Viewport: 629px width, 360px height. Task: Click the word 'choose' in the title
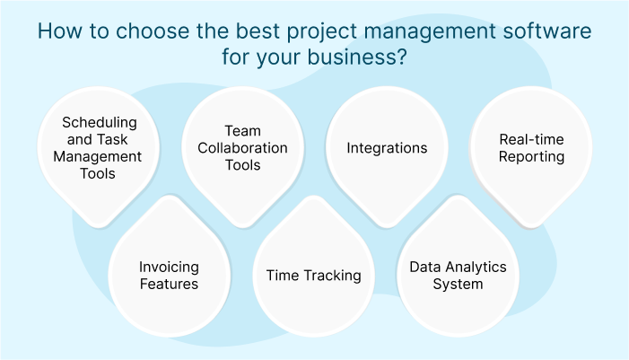pyautogui.click(x=153, y=31)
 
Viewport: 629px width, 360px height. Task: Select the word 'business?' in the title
pyautogui.click(x=357, y=57)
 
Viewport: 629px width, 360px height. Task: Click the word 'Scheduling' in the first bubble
pyautogui.click(x=100, y=123)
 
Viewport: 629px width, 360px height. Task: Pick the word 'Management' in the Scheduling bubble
pyautogui.click(x=98, y=157)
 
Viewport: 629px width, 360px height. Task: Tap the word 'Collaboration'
pyautogui.click(x=242, y=148)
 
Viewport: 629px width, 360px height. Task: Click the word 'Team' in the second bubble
pyautogui.click(x=242, y=131)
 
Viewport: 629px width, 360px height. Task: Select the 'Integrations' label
pyautogui.click(x=387, y=148)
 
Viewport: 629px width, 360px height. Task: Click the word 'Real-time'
pyautogui.click(x=531, y=139)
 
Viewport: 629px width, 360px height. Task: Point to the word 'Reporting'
pyautogui.click(x=531, y=157)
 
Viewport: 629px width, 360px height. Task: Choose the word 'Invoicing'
pyautogui.click(x=169, y=268)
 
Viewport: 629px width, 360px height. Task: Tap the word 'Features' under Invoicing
pyautogui.click(x=169, y=285)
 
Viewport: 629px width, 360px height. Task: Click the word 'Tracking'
pyautogui.click(x=333, y=277)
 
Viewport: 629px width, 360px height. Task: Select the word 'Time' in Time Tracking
pyautogui.click(x=283, y=276)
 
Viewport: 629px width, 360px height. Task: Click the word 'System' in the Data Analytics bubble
pyautogui.click(x=458, y=285)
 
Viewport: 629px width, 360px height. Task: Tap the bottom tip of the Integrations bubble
pyautogui.click(x=387, y=227)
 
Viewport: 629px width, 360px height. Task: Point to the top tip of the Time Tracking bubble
pyautogui.click(x=313, y=197)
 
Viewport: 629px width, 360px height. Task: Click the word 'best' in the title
pyautogui.click(x=258, y=31)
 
